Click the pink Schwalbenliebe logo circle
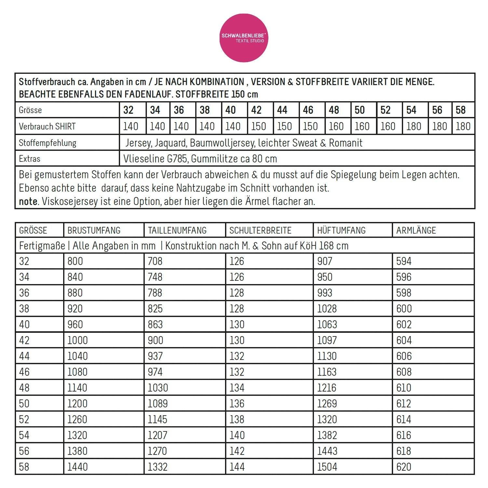pyautogui.click(x=244, y=38)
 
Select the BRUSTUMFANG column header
pyautogui.click(x=94, y=230)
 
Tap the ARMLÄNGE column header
pyautogui.click(x=416, y=230)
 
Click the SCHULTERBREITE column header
pyautogui.click(x=260, y=230)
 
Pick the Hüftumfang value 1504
pyautogui.click(x=327, y=467)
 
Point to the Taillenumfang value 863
pyautogui.click(x=155, y=324)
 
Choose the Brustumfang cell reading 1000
pyautogui.click(x=77, y=340)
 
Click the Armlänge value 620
pyautogui.click(x=404, y=467)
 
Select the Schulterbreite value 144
pyautogui.click(x=237, y=467)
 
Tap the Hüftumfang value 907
pyautogui.click(x=325, y=261)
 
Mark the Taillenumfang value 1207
pyautogui.click(x=157, y=435)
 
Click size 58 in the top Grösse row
pyautogui.click(x=461, y=110)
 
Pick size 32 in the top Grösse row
pyautogui.click(x=129, y=110)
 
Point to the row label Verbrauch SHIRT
pyautogui.click(x=47, y=126)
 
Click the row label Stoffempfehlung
pyautogui.click(x=47, y=143)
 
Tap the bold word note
pyautogui.click(x=28, y=201)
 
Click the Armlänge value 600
pyautogui.click(x=404, y=309)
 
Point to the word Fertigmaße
pyautogui.click(x=42, y=246)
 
